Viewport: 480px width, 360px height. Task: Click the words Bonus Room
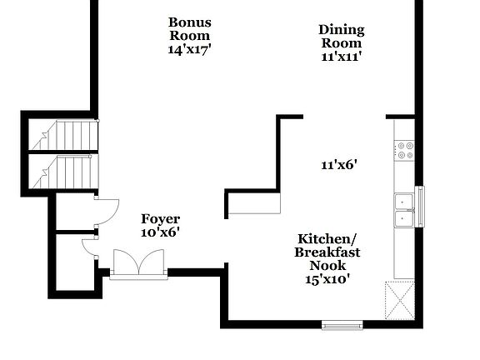[189, 29]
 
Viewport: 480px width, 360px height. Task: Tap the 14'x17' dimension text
[189, 49]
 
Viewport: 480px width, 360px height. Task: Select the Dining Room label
[341, 37]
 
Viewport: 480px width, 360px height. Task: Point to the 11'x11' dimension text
[341, 57]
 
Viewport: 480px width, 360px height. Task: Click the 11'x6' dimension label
[338, 165]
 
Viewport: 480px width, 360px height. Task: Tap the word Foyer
[160, 219]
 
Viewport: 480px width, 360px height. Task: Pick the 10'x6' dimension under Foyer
[160, 233]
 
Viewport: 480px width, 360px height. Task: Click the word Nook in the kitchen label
[327, 265]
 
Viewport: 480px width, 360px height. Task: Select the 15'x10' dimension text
[327, 279]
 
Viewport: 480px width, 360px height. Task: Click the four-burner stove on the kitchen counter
[404, 150]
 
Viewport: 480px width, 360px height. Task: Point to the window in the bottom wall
[342, 324]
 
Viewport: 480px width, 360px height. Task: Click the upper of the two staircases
[65, 135]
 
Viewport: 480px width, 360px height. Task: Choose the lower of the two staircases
[65, 172]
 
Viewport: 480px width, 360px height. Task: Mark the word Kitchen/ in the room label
[327, 237]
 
